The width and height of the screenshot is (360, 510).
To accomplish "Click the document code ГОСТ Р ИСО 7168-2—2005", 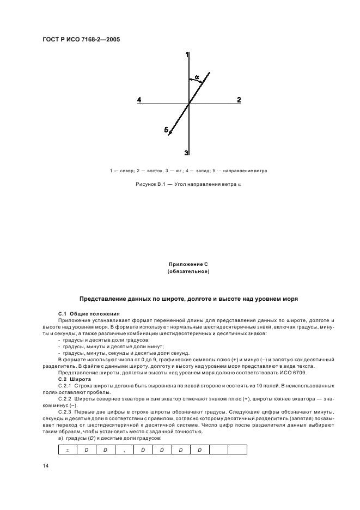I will (x=81, y=39).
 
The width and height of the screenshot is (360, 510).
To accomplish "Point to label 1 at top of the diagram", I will (x=187, y=55).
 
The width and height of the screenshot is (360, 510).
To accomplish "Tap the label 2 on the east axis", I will (x=239, y=100).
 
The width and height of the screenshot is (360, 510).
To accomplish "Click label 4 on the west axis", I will (x=139, y=100).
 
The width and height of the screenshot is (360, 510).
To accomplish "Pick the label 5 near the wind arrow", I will (x=166, y=130).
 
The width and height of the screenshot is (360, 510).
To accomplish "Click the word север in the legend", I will (x=127, y=171).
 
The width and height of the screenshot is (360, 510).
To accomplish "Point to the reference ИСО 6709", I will (x=295, y=372).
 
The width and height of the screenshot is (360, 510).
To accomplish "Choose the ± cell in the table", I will (x=67, y=450).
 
